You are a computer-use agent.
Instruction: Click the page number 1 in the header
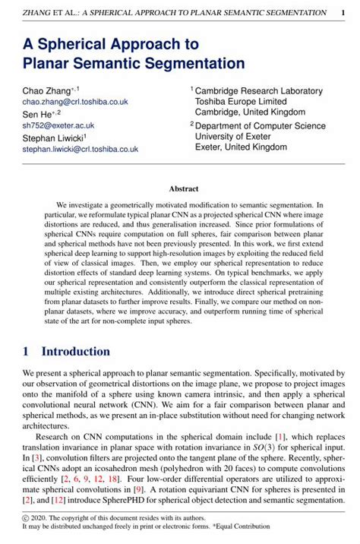pos(344,13)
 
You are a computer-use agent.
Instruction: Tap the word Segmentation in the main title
pos(191,62)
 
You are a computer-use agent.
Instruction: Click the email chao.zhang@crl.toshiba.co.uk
pos(75,101)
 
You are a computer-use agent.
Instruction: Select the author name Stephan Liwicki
pos(57,138)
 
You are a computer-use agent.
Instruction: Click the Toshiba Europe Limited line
pos(241,101)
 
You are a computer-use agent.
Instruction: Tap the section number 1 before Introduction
pos(26,352)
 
